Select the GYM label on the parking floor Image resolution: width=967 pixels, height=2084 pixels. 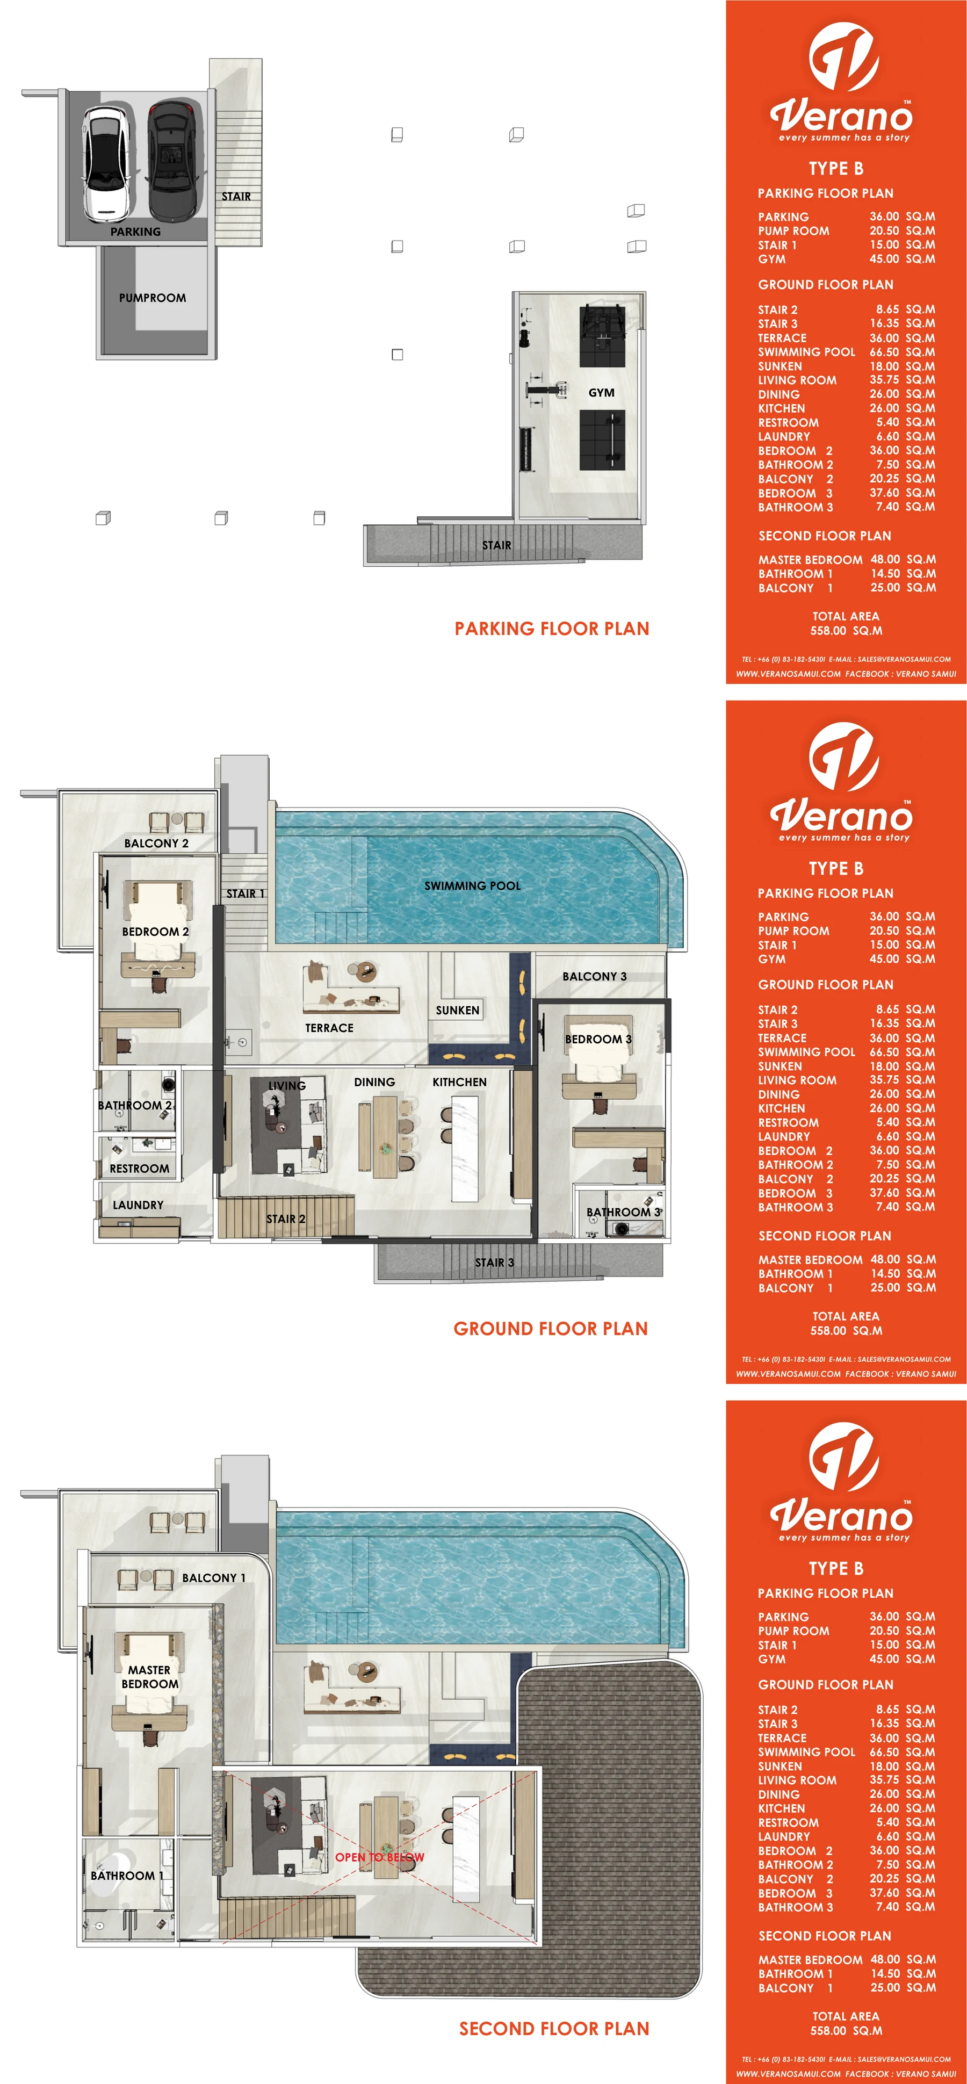click(601, 392)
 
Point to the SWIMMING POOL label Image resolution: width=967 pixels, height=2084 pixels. click(473, 886)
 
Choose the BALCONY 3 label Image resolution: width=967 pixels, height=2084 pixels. click(595, 977)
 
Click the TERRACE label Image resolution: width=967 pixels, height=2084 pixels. click(329, 1028)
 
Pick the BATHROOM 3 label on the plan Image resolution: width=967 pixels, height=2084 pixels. click(624, 1212)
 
